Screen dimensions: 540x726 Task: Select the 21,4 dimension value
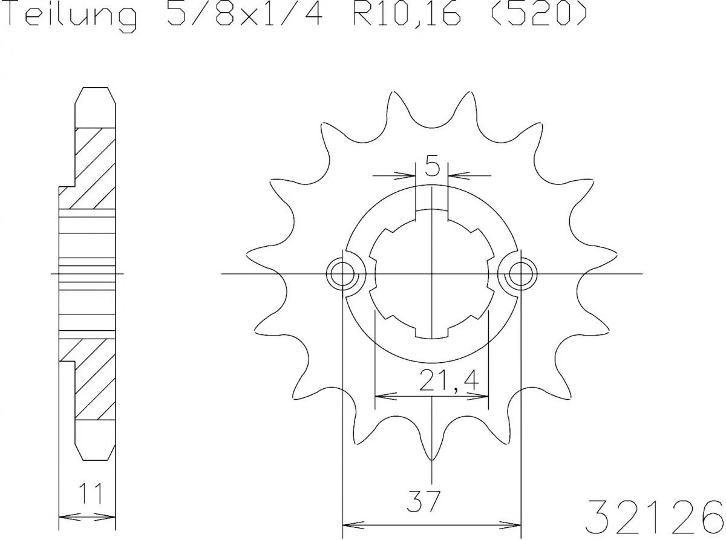pos(448,382)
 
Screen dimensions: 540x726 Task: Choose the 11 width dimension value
pos(88,495)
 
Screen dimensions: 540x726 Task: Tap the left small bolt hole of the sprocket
pos(343,275)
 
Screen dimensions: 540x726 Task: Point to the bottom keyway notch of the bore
pos(431,332)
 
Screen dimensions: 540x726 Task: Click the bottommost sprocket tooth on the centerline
pos(431,451)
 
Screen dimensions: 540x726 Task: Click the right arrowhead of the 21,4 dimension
pos(482,397)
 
